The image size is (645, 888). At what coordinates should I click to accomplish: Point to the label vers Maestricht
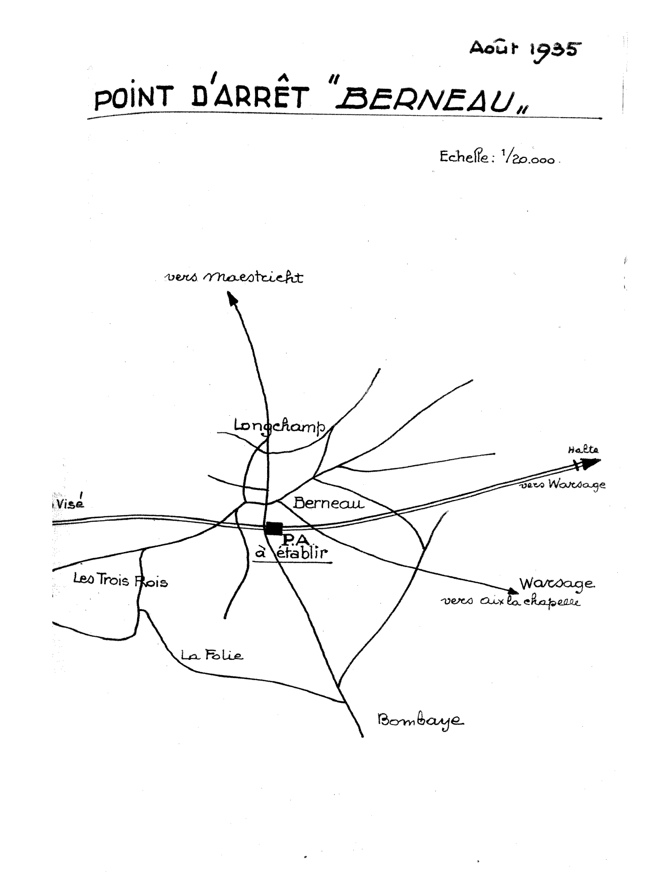click(x=234, y=277)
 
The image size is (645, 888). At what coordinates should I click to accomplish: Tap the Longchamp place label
click(x=280, y=426)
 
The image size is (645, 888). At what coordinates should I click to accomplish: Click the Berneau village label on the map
click(x=328, y=503)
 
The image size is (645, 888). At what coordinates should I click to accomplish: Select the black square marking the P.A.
click(x=274, y=528)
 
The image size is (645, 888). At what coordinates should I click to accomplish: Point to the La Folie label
click(x=212, y=655)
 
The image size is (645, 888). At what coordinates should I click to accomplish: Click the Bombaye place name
click(x=421, y=720)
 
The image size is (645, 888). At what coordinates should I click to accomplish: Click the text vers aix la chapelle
click(x=510, y=601)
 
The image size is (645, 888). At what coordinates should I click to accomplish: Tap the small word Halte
click(x=583, y=450)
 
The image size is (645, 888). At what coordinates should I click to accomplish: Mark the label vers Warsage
click(x=562, y=484)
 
